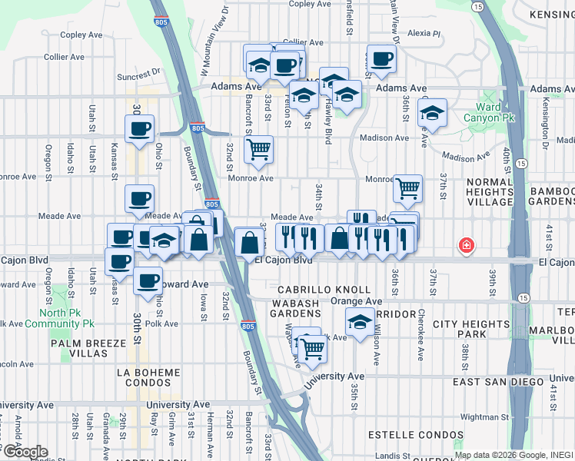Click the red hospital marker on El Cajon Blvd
pos(466,247)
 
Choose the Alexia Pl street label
pos(424,34)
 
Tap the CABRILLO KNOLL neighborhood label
pos(313,290)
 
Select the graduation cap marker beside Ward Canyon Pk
pos(433,112)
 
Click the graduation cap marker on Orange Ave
pos(360,323)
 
